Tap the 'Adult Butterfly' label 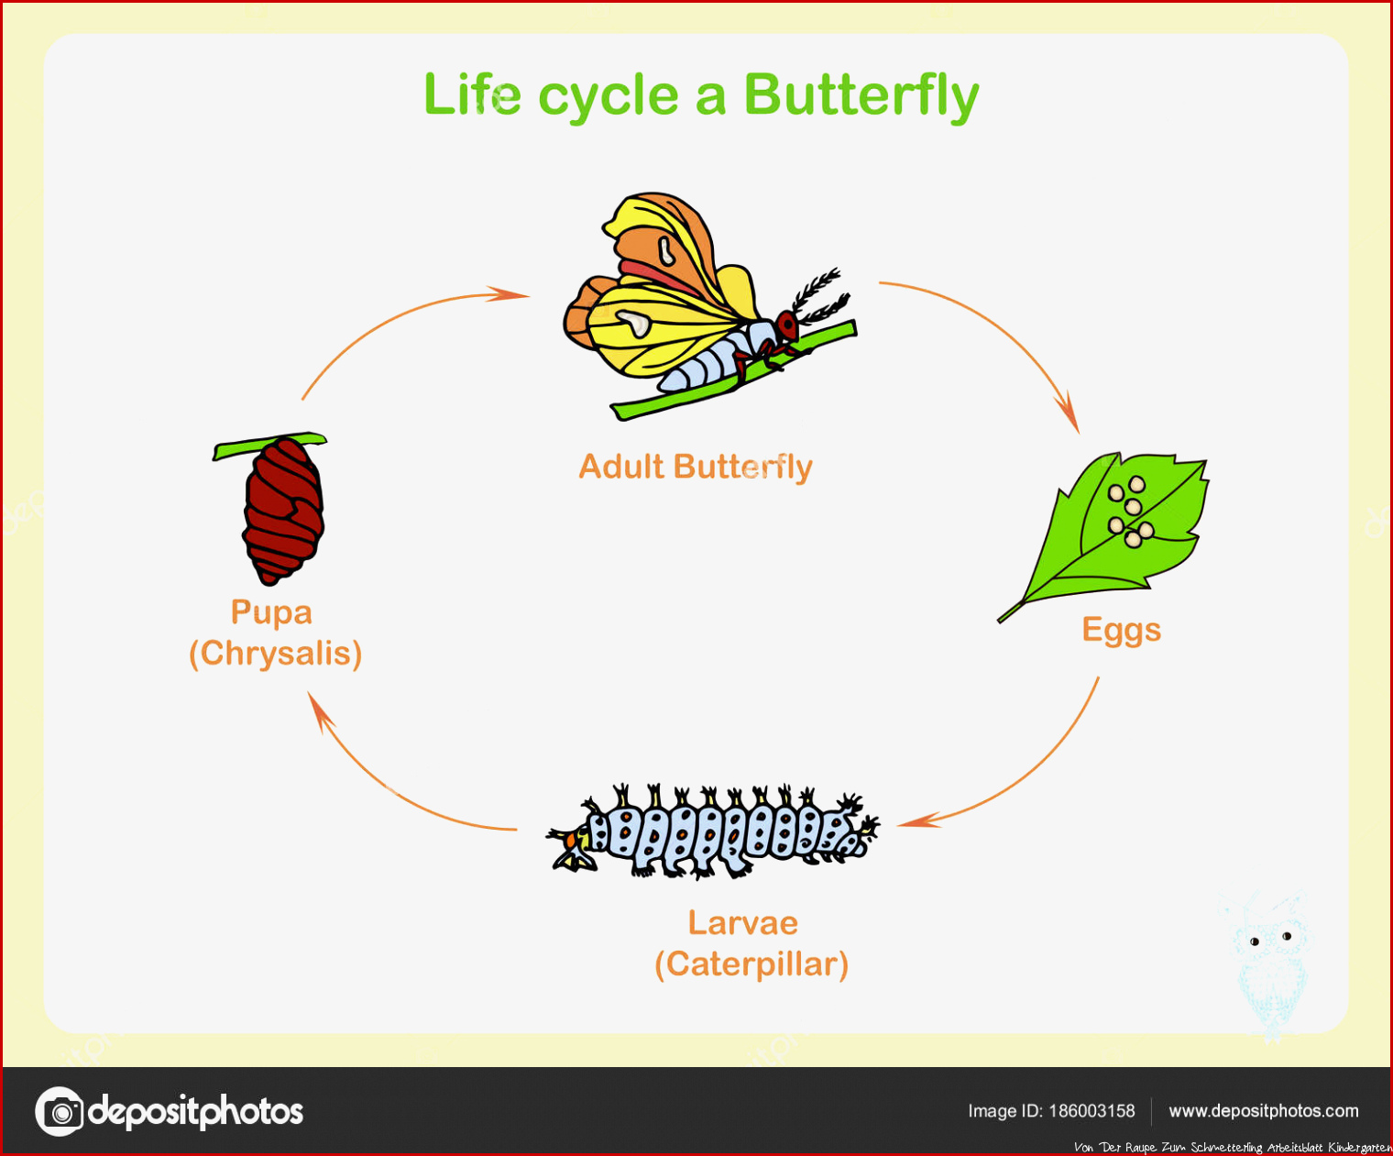[696, 467]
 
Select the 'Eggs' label [1121, 631]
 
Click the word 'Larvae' [742, 923]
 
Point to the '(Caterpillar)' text [751, 964]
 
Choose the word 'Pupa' [271, 612]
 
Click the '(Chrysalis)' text [276, 654]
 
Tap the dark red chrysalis [283, 512]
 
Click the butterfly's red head [787, 325]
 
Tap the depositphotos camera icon [59, 1111]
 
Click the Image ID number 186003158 [1092, 1111]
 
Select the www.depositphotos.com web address [1264, 1111]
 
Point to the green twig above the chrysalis [269, 446]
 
